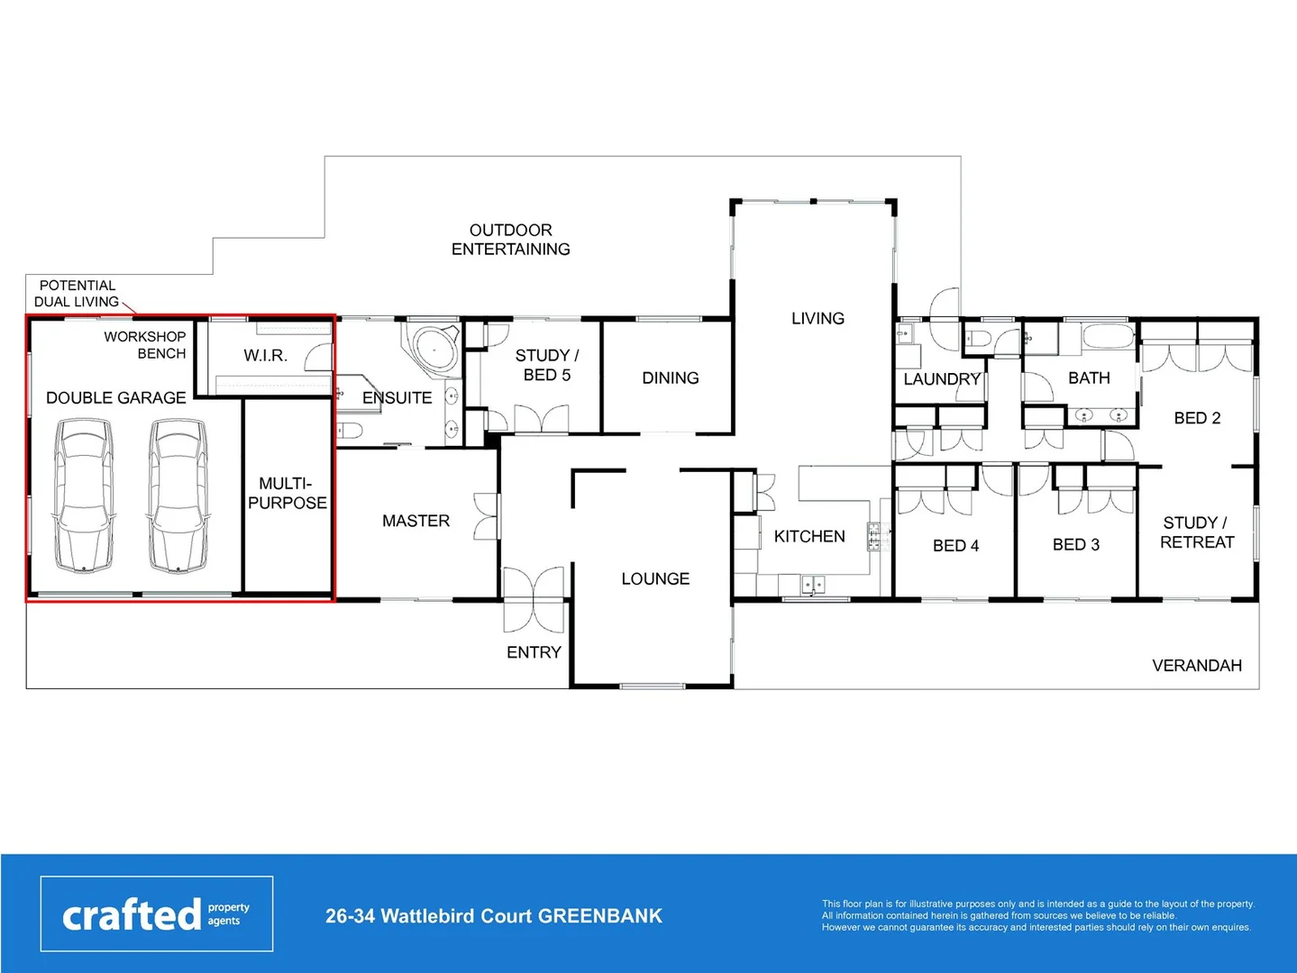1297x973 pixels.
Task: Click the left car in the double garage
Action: (83, 496)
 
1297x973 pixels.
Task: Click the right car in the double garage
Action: (178, 496)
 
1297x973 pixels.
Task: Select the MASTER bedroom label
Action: (416, 521)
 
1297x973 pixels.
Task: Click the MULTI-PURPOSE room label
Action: (288, 494)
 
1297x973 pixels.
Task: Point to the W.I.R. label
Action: (265, 356)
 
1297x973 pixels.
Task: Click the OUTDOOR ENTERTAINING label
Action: (511, 240)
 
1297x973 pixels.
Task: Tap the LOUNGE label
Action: (655, 578)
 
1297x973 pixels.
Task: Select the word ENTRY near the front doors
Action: (534, 652)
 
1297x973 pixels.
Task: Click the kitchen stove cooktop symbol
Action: (873, 537)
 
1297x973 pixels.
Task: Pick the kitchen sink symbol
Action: (813, 586)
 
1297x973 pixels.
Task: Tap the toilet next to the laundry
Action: (978, 340)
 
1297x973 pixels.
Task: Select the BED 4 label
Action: (955, 546)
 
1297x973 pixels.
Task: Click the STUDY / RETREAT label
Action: (1196, 532)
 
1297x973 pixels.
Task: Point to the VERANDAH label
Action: (1196, 666)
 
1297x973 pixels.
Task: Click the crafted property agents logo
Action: (157, 914)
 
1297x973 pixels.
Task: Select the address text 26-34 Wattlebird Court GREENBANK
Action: (493, 916)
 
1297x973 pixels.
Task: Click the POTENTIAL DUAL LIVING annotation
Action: (77, 294)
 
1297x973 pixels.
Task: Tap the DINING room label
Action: (670, 378)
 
